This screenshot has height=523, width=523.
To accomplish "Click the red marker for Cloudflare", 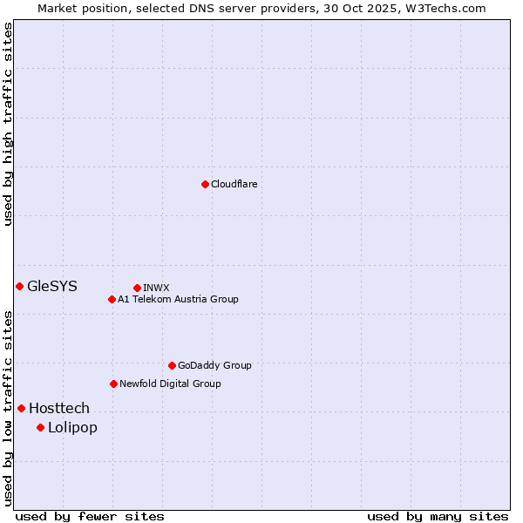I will pos(205,184).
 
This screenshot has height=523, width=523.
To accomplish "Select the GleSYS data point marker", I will pos(19,286).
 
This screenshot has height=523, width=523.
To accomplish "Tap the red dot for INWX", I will pos(137,288).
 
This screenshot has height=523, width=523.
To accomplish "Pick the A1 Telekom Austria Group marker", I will pos(112,299).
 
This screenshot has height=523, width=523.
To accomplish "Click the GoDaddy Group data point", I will pos(172,365).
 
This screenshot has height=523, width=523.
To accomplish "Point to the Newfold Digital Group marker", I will pos(113,384).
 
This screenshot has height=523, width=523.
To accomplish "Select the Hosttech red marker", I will pos(21,408).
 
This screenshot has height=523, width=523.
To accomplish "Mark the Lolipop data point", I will pos(40,427).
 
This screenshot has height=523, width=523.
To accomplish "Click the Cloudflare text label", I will pos(234,184).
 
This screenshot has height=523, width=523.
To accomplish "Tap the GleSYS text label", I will pos(52,286).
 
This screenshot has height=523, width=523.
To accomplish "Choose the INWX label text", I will pos(156,288).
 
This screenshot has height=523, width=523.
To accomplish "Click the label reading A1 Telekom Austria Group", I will pos(178,299).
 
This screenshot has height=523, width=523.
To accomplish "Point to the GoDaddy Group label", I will pos(214,365).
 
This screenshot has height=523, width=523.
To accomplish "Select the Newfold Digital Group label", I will pos(170,384).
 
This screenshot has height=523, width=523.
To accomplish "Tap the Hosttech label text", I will pos(59,408).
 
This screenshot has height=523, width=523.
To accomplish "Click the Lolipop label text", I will pos(72,427).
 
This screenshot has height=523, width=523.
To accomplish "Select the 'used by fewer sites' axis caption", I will pos(90,516).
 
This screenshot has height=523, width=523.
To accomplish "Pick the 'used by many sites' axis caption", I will pos(438,516).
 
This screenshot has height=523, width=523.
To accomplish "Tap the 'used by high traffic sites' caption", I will pos(8,124).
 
